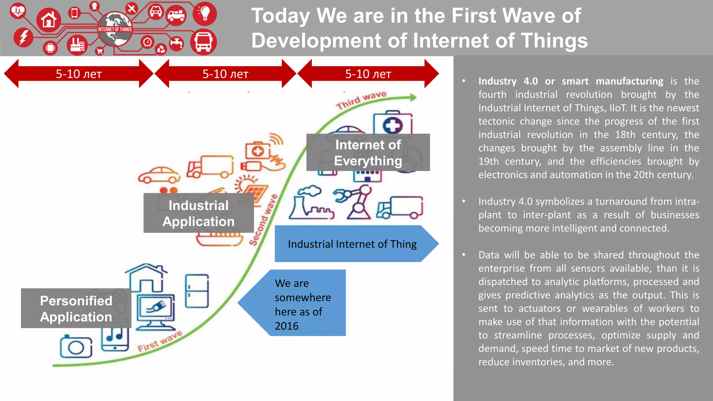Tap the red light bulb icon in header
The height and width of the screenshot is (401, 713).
tap(205, 14)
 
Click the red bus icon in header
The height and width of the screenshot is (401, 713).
tap(203, 42)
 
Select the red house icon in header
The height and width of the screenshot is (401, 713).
tap(49, 20)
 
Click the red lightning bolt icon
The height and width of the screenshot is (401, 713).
tap(23, 37)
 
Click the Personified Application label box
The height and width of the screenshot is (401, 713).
tap(76, 308)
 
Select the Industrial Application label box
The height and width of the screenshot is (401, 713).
tap(198, 213)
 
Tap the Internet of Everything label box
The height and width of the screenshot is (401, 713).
tap(368, 152)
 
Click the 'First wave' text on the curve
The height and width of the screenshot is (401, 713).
tap(160, 341)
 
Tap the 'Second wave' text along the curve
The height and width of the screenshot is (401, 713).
tap(264, 220)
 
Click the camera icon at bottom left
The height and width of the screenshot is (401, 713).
tap(76, 347)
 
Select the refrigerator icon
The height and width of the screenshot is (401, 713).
tap(197, 291)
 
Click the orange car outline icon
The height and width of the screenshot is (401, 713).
tap(159, 175)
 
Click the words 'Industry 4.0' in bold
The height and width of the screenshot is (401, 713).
tap(508, 81)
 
